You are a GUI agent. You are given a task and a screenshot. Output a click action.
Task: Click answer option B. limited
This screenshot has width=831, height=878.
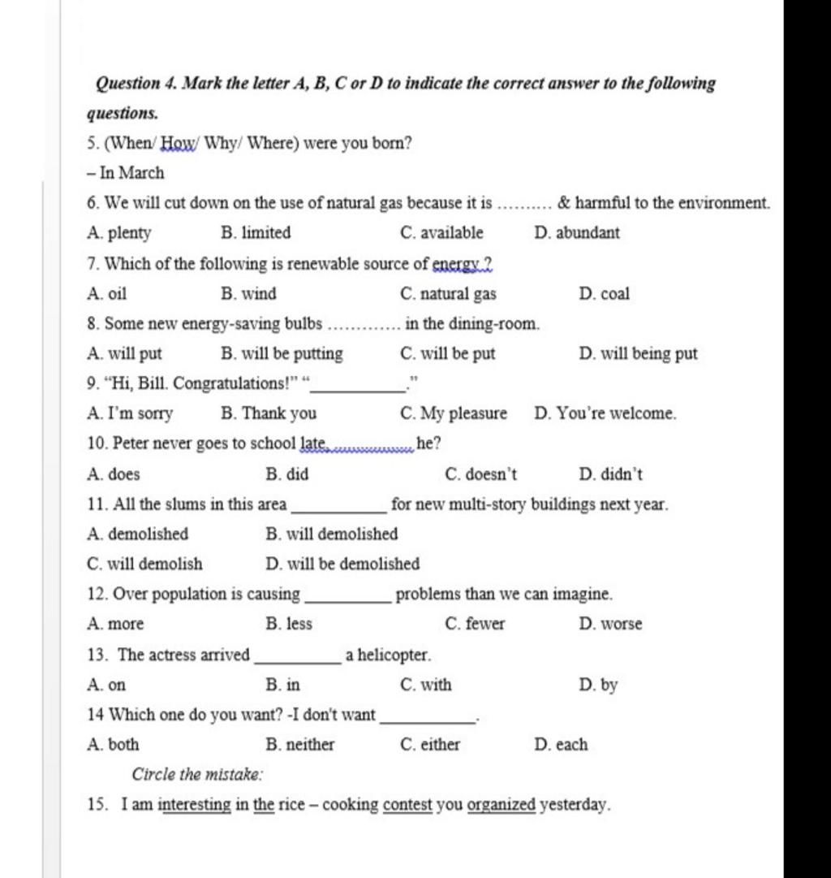click(x=256, y=233)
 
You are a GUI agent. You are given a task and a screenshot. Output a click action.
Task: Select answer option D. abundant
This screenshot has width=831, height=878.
click(x=577, y=233)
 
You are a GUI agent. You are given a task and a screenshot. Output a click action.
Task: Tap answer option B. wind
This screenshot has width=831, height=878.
click(x=248, y=293)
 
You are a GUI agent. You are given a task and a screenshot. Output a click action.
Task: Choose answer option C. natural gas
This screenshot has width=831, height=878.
click(x=449, y=293)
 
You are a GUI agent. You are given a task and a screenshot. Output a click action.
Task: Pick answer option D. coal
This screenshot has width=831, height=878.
click(x=605, y=293)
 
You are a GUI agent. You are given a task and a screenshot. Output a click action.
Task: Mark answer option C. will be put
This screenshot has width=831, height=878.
click(x=448, y=353)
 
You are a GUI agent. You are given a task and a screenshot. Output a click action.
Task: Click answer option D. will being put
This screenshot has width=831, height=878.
click(x=639, y=353)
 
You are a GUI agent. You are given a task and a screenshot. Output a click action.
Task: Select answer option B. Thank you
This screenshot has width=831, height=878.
click(x=269, y=413)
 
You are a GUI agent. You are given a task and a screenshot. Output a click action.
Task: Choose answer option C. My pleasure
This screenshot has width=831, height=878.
click(x=454, y=413)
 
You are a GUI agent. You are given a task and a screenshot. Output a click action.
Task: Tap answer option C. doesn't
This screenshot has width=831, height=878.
click(x=481, y=474)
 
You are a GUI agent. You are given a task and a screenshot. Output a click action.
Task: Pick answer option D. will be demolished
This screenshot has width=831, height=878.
click(x=342, y=564)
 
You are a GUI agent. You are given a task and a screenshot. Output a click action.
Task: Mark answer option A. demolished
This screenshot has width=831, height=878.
click(x=137, y=534)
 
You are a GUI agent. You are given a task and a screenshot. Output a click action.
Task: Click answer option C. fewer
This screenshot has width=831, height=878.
click(x=475, y=624)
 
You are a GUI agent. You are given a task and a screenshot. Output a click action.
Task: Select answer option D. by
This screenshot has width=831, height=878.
click(x=599, y=685)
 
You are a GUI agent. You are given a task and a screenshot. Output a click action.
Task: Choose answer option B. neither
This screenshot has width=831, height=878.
click(x=299, y=744)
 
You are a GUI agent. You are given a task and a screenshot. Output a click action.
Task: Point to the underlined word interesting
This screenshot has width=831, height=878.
click(x=195, y=805)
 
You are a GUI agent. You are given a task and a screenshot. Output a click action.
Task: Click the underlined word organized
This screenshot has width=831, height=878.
click(x=502, y=805)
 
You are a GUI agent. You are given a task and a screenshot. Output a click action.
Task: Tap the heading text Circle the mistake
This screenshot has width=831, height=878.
click(x=197, y=774)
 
